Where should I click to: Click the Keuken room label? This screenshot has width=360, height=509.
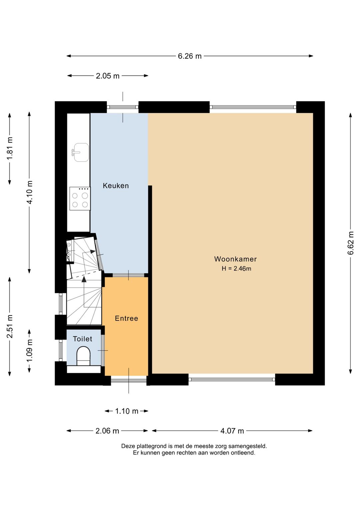[x=116, y=186]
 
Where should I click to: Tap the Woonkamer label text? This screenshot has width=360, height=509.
[x=235, y=259]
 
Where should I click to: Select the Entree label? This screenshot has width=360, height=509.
[x=126, y=318]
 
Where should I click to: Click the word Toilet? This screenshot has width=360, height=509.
[x=82, y=339]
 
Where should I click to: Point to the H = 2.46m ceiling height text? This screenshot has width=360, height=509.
[x=236, y=269]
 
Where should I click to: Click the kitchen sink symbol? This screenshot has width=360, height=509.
[x=80, y=152]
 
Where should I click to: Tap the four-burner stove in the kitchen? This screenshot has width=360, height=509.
[x=80, y=198]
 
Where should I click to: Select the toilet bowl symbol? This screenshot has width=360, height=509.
[x=84, y=356]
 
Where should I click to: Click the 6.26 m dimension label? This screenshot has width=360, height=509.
[x=190, y=56]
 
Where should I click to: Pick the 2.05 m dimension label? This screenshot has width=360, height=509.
[x=107, y=76]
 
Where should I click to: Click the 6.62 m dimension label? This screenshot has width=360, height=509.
[x=351, y=243]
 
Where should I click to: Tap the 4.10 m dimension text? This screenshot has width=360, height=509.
[x=30, y=192]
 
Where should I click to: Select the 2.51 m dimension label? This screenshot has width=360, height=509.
[x=10, y=326]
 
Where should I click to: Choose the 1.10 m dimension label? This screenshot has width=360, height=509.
[x=127, y=411]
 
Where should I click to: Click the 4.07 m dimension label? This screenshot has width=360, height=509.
[x=232, y=431]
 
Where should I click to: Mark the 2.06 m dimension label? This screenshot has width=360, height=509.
[x=107, y=431]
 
